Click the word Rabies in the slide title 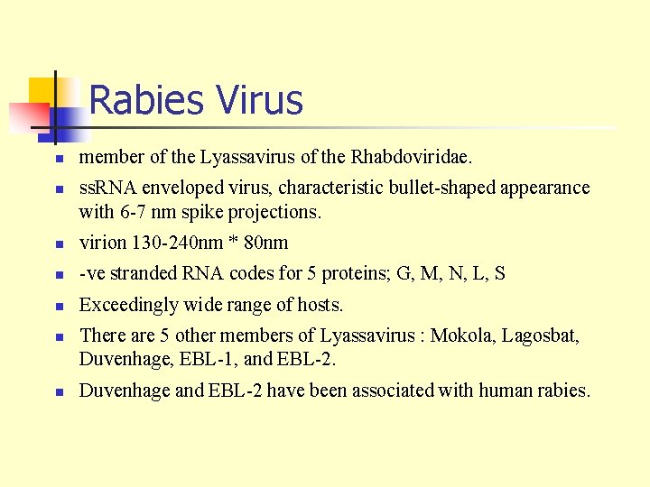click(x=144, y=100)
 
